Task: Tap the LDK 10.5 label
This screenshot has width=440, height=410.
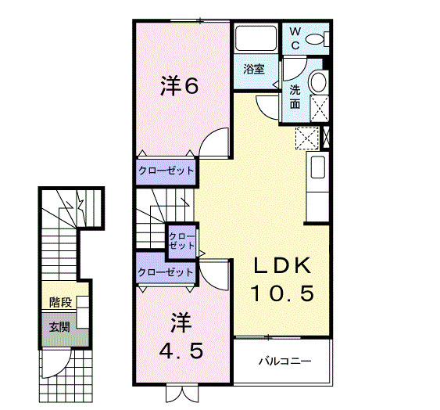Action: [x=282, y=279]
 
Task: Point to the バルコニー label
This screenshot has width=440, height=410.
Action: [x=285, y=361]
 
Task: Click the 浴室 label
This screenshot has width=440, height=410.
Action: [x=254, y=68]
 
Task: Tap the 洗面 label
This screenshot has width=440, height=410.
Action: [x=295, y=96]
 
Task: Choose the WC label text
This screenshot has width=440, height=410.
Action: [x=295, y=38]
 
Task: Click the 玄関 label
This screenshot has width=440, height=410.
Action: [x=59, y=326]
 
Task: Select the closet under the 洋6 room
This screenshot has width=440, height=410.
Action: [x=166, y=170]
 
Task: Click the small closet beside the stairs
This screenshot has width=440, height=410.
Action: [x=182, y=240]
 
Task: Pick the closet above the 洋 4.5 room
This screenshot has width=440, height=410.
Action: [x=166, y=272]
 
